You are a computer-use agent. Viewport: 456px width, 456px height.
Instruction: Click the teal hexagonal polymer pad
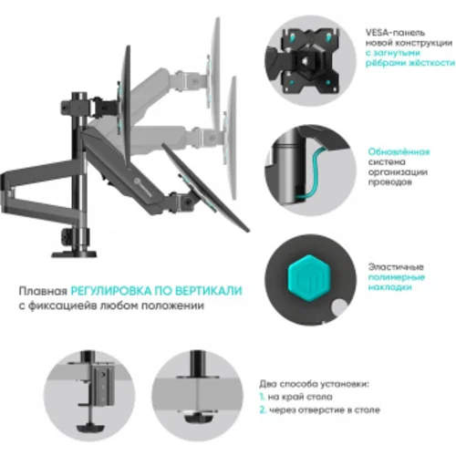306,274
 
